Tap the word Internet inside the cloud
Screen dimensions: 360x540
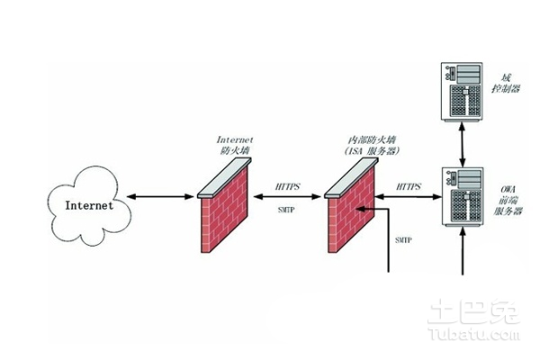(90, 205)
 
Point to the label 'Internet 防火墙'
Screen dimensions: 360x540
(235, 146)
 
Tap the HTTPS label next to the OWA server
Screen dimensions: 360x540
(409, 187)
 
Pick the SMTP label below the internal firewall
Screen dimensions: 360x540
(404, 241)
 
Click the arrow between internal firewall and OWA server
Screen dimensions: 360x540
(409, 198)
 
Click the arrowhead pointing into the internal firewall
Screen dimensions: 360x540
(361, 210)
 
